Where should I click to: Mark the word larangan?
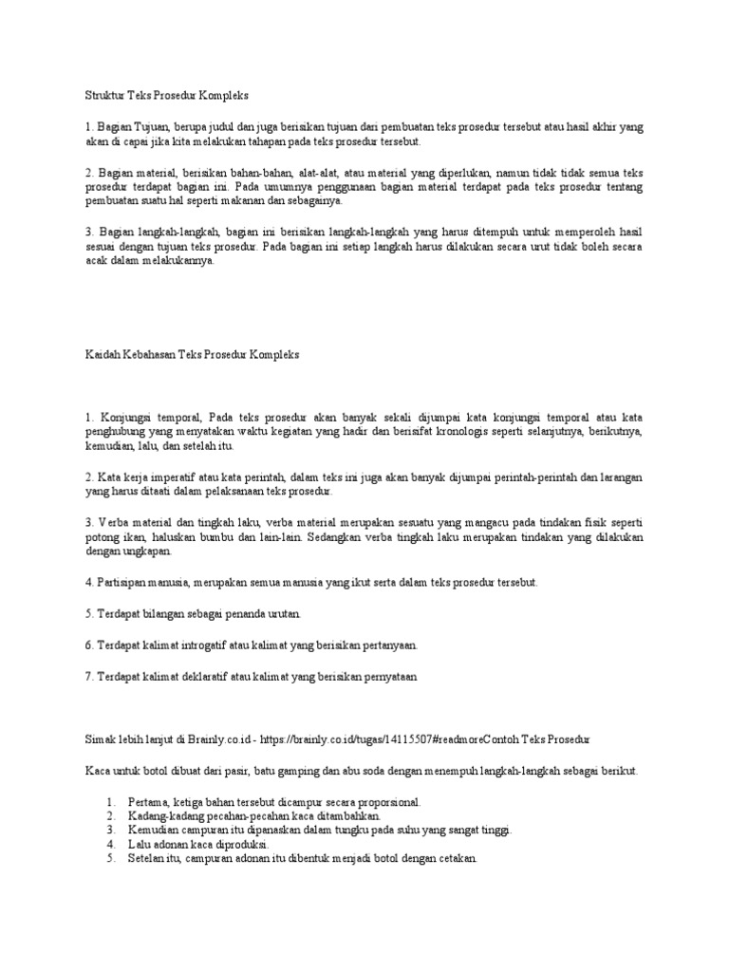point(618,476)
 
